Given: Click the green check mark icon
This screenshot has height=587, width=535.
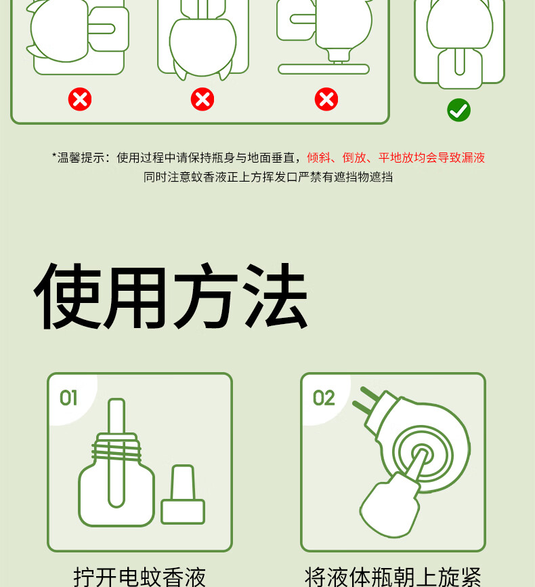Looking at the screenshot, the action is (458, 110).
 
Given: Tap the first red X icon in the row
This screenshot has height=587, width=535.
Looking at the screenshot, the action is (80, 100).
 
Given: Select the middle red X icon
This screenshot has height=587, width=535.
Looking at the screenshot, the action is (202, 100).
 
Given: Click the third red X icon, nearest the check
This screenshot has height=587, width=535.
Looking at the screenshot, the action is (326, 100).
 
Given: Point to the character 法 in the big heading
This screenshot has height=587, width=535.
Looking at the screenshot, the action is (276, 296).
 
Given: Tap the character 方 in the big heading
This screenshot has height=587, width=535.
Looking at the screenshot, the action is (206, 296).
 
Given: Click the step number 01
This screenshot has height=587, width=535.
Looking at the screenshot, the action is (69, 398).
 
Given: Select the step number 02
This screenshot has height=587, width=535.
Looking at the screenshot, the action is (324, 398).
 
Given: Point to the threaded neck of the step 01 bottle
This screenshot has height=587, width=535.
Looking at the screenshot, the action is (116, 448).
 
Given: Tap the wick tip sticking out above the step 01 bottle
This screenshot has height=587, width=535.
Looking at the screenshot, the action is (116, 416).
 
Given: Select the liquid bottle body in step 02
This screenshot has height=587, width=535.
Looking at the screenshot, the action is (389, 506).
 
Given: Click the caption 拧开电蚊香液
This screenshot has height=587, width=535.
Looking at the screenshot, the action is (140, 577).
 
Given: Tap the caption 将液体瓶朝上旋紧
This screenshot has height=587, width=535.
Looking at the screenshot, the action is (393, 577).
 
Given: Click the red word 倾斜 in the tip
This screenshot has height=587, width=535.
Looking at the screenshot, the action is (319, 158).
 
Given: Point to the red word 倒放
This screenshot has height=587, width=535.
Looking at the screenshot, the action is (354, 158).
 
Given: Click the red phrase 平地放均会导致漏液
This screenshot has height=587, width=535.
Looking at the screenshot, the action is (432, 158).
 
